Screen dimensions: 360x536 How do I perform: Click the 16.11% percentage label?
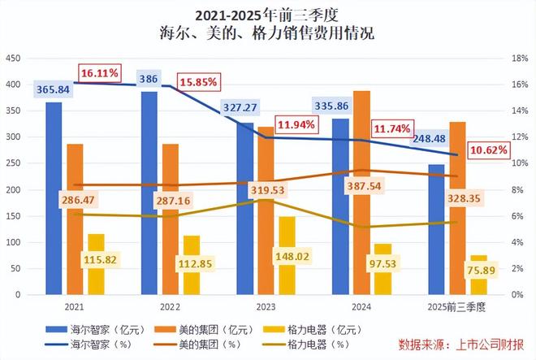pos(99,73)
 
